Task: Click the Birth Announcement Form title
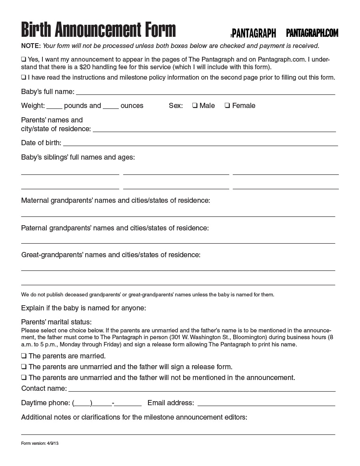98,30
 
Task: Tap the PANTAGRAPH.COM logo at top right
312,33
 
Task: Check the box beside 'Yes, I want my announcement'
24,59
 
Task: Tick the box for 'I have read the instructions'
24,77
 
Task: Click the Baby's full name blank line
205,92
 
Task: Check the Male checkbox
194,106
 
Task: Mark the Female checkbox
227,106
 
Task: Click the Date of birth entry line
200,144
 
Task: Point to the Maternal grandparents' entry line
178,214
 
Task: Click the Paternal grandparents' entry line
178,241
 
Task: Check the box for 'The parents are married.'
24,356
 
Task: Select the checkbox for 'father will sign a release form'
24,367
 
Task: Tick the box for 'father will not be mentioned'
24,378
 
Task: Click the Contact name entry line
202,389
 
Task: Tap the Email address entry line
266,404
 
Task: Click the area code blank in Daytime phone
82,403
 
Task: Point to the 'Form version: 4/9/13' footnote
40,443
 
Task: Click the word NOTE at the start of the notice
31,46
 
